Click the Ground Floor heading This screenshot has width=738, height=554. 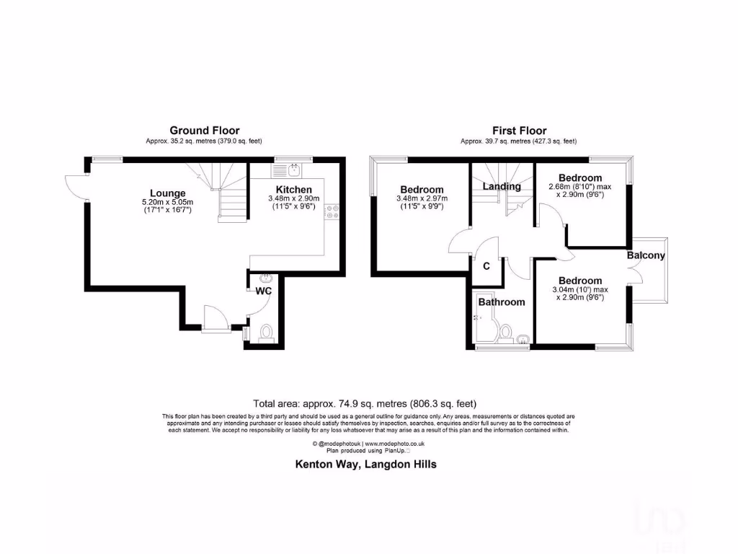(205, 131)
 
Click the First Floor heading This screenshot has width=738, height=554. (519, 131)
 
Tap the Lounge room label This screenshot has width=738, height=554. (168, 193)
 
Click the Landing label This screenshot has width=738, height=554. (502, 186)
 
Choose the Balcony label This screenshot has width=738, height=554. (645, 255)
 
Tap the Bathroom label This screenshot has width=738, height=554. (502, 302)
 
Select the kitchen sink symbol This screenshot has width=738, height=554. (294, 170)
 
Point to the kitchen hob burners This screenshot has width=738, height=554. (333, 211)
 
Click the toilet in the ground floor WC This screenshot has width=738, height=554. (264, 333)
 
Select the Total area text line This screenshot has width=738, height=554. (365, 404)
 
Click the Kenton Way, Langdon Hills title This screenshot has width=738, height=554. (366, 465)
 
